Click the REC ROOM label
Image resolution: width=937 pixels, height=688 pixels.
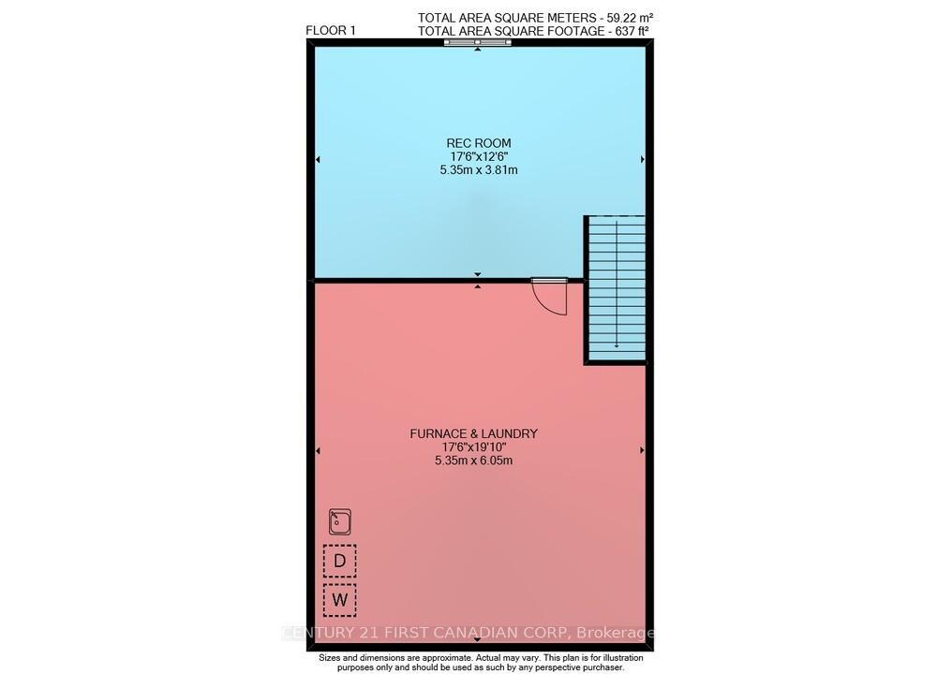point(479,143)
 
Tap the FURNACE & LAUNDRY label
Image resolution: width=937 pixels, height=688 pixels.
point(473,433)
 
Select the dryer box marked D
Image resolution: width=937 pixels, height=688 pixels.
point(340,560)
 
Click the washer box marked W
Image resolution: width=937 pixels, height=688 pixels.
point(340,600)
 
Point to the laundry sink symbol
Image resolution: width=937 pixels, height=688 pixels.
point(340,521)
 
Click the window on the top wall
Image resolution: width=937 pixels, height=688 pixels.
point(478,42)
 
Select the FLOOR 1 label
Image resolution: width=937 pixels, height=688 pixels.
point(331,30)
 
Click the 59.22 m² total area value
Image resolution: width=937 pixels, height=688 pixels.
point(621,17)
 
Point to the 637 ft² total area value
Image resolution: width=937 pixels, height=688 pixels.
point(626,30)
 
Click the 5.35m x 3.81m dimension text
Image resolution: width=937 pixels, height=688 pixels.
point(479,170)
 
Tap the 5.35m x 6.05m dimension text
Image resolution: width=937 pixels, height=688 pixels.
point(473,461)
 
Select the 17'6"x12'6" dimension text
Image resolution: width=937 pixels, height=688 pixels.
point(479,156)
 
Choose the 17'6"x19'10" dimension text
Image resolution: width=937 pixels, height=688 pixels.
point(473,446)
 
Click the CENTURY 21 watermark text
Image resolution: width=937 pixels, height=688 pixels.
point(468,634)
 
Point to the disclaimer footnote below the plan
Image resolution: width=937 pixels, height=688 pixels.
point(479,663)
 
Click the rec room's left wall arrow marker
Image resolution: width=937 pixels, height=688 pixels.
point(318,160)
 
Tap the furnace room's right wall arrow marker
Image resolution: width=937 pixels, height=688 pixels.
point(642,450)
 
